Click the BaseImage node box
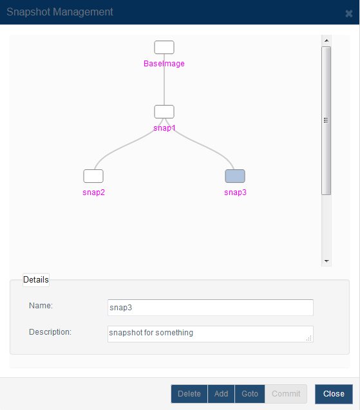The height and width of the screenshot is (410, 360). [x=164, y=48]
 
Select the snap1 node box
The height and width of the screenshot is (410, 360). [x=164, y=111]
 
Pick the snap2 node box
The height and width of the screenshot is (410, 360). [x=93, y=176]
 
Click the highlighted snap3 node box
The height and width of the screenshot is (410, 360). [x=235, y=176]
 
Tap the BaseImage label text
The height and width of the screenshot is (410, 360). [x=164, y=64]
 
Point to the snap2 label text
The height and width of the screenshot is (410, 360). [x=93, y=192]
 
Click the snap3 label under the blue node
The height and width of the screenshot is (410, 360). [x=235, y=192]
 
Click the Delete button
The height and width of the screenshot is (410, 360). [x=189, y=394]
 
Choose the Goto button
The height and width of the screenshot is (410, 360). [x=250, y=394]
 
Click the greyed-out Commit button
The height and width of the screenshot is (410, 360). [x=286, y=394]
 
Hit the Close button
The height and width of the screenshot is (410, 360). [x=334, y=394]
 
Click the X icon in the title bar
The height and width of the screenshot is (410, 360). [x=349, y=14]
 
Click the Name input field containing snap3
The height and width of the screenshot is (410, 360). [x=211, y=308]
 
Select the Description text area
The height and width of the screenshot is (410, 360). [x=211, y=334]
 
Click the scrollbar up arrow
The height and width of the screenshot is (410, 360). [x=327, y=41]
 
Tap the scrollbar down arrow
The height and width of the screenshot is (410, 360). [x=327, y=261]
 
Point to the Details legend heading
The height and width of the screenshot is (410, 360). [x=36, y=280]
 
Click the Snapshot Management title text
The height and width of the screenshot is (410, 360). [x=60, y=12]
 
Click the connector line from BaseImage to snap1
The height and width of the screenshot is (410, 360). [x=164, y=80]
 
